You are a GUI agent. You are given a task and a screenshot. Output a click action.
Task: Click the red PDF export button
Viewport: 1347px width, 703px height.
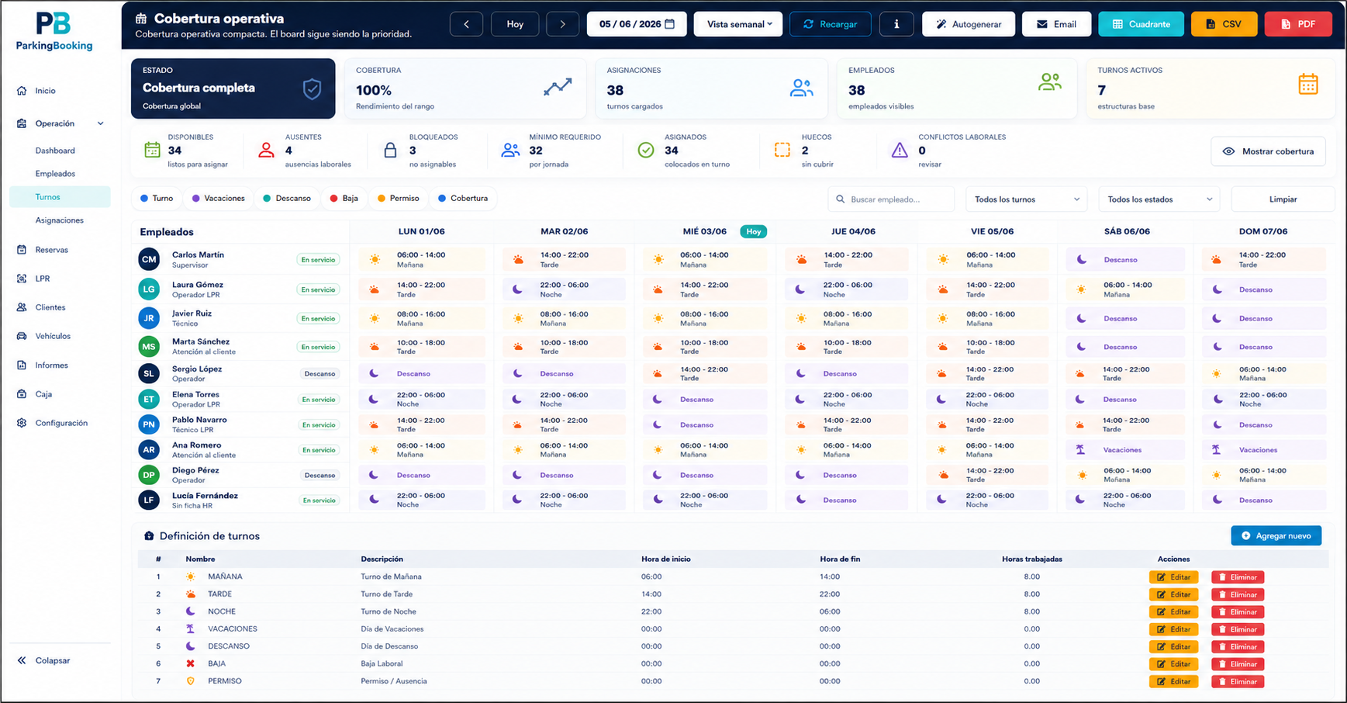(x=1298, y=24)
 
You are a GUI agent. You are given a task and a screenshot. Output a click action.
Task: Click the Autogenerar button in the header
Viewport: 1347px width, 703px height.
(x=969, y=24)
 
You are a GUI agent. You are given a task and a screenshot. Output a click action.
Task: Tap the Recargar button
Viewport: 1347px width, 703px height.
(x=830, y=24)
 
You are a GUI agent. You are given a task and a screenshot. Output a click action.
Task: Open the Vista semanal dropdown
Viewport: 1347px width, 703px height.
(x=738, y=24)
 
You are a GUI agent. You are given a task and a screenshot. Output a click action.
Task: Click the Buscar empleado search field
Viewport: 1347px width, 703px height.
(x=891, y=199)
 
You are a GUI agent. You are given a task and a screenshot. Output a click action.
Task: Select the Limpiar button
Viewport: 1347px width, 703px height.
(x=1283, y=199)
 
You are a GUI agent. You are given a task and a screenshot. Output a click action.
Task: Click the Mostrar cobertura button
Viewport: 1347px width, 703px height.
(x=1268, y=151)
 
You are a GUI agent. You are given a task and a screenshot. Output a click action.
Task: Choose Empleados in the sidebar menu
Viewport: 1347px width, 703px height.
(x=55, y=174)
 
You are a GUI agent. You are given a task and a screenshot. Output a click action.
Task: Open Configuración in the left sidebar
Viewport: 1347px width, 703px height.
(x=61, y=423)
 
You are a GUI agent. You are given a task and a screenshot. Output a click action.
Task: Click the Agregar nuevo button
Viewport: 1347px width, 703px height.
(x=1276, y=535)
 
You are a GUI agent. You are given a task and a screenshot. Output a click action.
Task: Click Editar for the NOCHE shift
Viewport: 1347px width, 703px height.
(x=1173, y=611)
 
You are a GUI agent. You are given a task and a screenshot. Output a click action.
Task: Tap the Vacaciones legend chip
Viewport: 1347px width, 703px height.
(x=219, y=199)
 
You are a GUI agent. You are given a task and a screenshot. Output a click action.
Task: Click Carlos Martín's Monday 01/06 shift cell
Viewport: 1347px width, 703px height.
(x=421, y=259)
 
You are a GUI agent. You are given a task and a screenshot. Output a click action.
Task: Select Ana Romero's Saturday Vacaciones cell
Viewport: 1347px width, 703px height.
(x=1125, y=450)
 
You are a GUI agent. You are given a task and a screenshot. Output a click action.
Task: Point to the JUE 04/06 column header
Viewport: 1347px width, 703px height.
(x=853, y=231)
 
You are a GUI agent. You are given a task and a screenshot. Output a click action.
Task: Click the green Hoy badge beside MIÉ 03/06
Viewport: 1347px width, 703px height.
(x=753, y=231)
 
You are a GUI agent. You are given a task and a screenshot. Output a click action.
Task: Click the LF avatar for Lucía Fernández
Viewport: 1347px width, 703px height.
(x=149, y=500)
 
